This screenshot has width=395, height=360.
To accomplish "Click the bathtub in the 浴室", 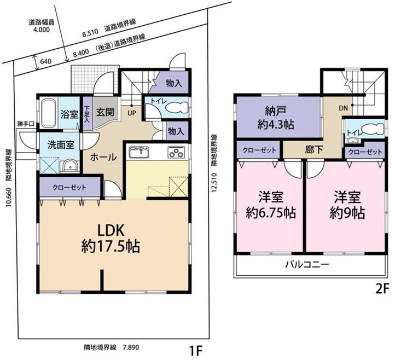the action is pos(49,113).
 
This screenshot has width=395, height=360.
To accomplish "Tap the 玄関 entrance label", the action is pos(105,112).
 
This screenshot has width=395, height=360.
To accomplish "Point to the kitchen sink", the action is pos(139,152).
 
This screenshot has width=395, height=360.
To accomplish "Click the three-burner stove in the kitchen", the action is pos(176,152).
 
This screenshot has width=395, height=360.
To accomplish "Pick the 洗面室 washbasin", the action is pos(69,166).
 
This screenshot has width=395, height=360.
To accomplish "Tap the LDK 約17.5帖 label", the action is pos(111,239).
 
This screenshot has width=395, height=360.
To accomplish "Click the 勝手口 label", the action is pos(26,124).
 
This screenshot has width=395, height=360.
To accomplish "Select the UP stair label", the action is pos(131,113).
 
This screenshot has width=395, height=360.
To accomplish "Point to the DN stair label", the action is pos(343,108).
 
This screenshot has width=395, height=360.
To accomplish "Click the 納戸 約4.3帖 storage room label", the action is pos(276,118).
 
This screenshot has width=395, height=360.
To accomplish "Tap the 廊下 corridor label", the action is pos(314,150).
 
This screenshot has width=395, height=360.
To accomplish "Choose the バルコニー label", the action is pos(307,264).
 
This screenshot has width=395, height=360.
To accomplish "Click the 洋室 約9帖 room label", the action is pos(347,205).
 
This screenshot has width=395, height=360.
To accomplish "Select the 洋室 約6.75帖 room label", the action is pos(271,205).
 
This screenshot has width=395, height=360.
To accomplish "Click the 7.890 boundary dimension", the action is pos(131,347).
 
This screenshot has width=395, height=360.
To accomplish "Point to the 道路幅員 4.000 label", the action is pos(42,26).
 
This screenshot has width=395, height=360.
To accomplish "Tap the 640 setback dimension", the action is pos(45,61).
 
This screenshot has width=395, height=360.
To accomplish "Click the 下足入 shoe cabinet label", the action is pos(87,114).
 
